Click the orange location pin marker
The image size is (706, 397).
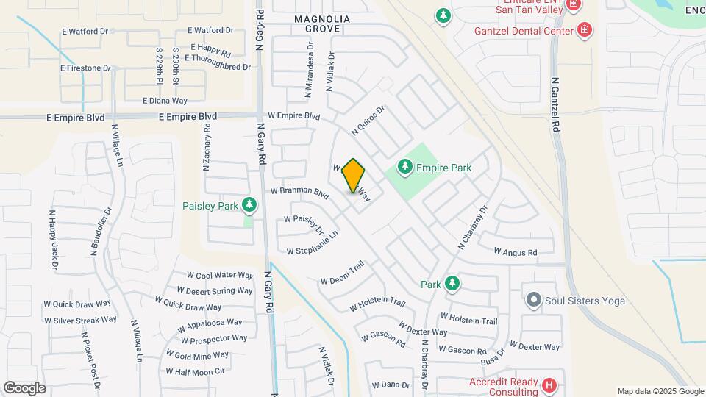click(354, 176)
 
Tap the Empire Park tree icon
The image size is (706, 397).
click(404, 168)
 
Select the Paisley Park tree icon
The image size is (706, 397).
click(249, 205)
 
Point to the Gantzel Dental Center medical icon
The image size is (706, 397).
click(585, 30)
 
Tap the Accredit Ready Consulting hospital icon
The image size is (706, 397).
click(549, 385)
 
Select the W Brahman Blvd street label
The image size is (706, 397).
click(299, 192)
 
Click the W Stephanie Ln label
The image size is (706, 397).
click(312, 243)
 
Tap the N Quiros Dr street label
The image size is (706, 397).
click(368, 120)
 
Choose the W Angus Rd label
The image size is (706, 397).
click(516, 252)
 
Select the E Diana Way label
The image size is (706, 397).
click(165, 101)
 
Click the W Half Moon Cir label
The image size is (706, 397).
click(195, 372)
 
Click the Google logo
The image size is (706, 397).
click(24, 387)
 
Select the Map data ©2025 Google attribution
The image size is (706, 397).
click(660, 391)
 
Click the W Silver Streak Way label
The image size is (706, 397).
click(80, 320)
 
